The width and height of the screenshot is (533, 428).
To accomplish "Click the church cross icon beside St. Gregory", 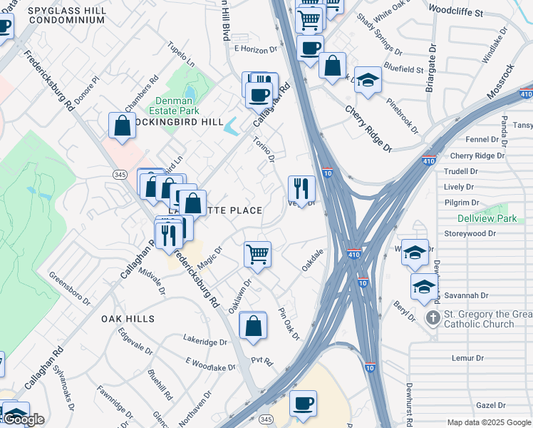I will [432, 316].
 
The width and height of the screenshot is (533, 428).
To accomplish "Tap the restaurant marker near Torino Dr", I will [301, 188].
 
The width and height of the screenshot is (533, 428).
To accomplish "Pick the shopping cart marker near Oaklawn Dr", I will [257, 253].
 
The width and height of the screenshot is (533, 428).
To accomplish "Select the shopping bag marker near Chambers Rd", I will [123, 125].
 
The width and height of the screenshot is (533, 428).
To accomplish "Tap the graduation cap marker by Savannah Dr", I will [424, 287].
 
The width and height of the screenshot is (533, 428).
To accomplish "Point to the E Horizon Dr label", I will [255, 49].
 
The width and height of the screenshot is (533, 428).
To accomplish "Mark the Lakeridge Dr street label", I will [205, 342].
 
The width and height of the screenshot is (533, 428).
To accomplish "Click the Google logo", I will [24, 419].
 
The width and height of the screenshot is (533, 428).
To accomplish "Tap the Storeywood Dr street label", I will [470, 234].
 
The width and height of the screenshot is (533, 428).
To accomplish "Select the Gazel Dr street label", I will [490, 404].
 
